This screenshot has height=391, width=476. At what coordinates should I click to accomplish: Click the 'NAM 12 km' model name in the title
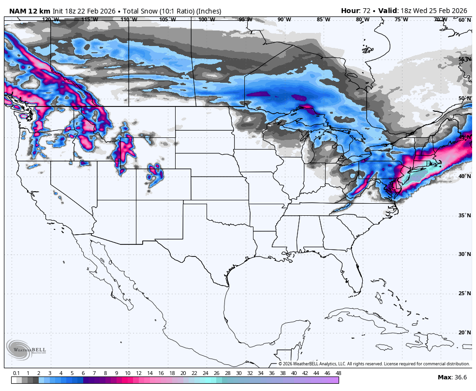tap(30, 11)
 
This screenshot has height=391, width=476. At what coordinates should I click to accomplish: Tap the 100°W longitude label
tap(207, 19)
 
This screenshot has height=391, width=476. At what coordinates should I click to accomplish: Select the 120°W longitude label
tap(50, 19)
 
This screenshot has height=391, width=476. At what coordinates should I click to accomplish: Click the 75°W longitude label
tap(401, 19)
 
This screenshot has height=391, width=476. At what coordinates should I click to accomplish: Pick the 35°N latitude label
tap(464, 215)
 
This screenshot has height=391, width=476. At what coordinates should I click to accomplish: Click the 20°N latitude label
tap(464, 332)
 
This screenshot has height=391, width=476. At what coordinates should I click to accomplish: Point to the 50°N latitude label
tap(464, 98)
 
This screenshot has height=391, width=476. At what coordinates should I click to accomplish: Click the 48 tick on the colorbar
tap(338, 373)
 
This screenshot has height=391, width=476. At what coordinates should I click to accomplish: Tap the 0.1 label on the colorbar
tap(16, 373)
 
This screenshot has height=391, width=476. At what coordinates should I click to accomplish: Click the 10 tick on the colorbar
tap(127, 373)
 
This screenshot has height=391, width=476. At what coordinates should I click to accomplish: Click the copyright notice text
tap(374, 364)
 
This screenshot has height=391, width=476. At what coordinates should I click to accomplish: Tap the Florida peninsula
tap(356, 276)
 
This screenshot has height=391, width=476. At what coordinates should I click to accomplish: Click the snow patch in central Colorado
tap(154, 175)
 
